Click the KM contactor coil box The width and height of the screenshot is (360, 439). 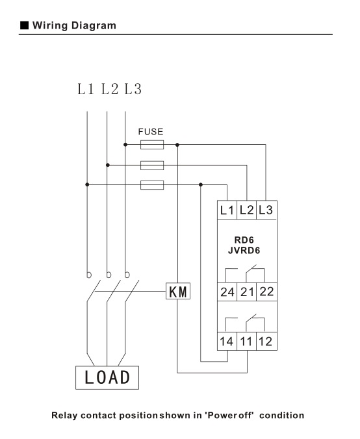[178, 291]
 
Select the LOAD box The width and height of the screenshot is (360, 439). [107, 377]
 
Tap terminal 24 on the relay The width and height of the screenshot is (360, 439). [227, 292]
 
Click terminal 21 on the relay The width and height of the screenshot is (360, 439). [247, 292]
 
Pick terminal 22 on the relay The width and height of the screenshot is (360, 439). [266, 292]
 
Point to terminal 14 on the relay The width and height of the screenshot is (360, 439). [227, 342]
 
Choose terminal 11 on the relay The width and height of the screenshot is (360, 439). [246, 342]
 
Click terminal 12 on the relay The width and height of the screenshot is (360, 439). [266, 342]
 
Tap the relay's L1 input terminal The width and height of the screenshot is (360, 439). [227, 210]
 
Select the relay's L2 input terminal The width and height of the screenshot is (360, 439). [246, 210]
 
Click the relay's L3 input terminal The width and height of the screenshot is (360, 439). [266, 210]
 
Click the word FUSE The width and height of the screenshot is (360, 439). [151, 132]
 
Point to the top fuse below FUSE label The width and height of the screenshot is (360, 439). [152, 145]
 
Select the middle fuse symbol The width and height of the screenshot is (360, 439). [152, 165]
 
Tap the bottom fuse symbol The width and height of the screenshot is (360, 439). [152, 185]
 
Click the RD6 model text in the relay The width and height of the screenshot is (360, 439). [244, 240]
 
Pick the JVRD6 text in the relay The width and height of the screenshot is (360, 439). [244, 250]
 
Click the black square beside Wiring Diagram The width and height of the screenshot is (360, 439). [25, 25]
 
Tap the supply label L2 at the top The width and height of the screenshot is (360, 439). [110, 89]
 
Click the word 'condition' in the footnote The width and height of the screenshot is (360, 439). [281, 415]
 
